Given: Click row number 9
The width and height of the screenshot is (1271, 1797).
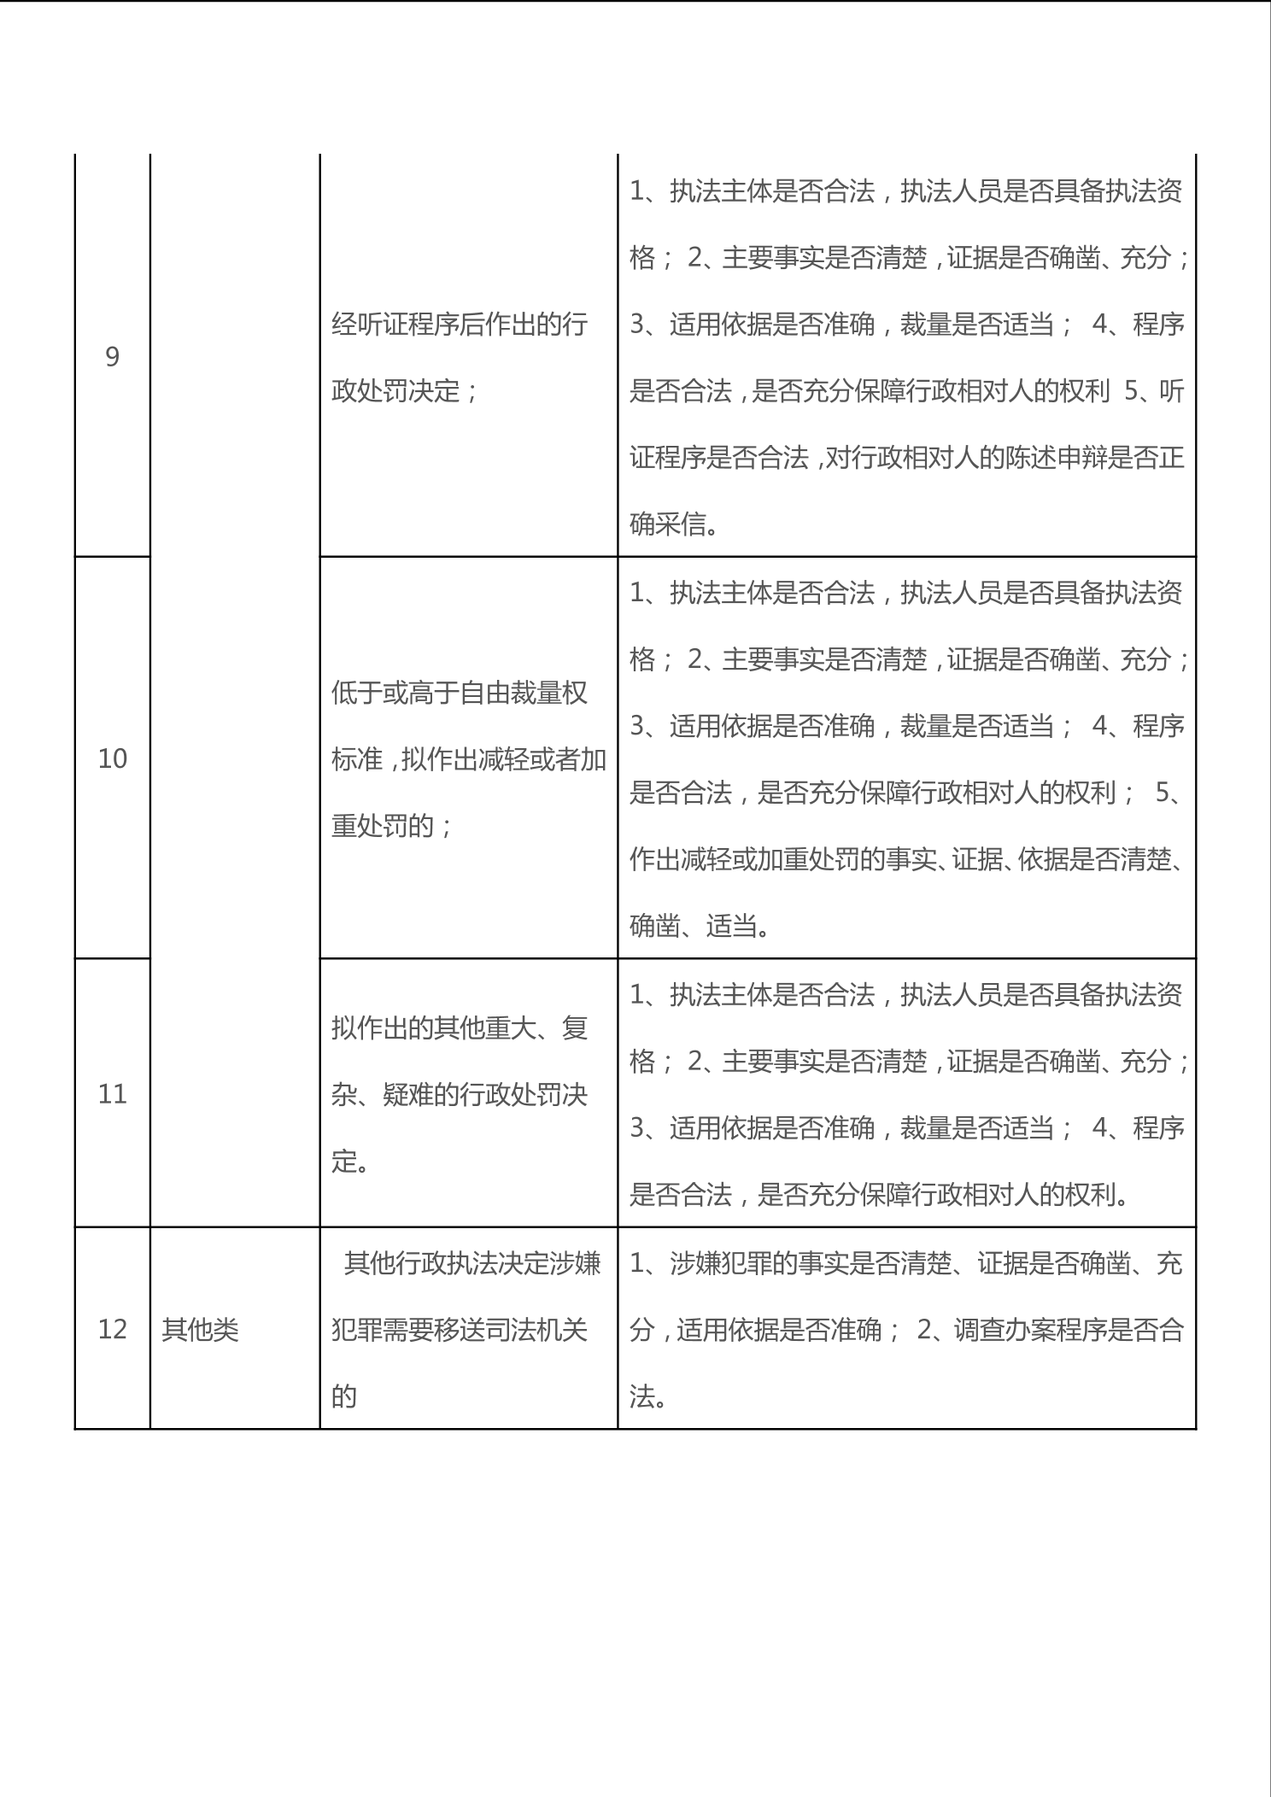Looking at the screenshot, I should (112, 357).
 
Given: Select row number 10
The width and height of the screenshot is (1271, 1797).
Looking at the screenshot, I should (112, 758).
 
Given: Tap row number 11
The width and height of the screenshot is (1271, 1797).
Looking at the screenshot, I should (112, 1094).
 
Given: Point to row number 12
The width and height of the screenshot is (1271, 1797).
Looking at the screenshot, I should (112, 1329).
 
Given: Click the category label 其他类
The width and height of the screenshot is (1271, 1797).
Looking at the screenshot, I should (200, 1330).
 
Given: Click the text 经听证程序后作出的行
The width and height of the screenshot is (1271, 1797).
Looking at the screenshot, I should (460, 325).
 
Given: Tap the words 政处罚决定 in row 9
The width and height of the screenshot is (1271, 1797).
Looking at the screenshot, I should (397, 391).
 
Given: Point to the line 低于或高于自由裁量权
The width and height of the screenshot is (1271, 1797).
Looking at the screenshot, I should (460, 693).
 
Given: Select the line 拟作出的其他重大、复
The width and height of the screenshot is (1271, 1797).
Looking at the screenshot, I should (460, 1028).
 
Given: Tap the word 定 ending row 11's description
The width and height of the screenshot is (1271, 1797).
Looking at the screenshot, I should (343, 1162).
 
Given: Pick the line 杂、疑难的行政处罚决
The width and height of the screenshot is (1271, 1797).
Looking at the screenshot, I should (460, 1095).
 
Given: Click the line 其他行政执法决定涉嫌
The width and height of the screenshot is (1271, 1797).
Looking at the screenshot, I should (471, 1263).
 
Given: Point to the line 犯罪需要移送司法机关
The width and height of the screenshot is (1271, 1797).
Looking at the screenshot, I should (460, 1330).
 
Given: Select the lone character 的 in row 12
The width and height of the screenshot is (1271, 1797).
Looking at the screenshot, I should (343, 1397).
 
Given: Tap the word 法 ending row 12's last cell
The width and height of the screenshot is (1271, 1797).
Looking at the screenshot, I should (642, 1397).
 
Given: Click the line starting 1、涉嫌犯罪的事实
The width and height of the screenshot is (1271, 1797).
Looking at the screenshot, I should (905, 1263).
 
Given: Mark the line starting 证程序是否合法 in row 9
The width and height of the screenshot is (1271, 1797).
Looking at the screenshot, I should (905, 458).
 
